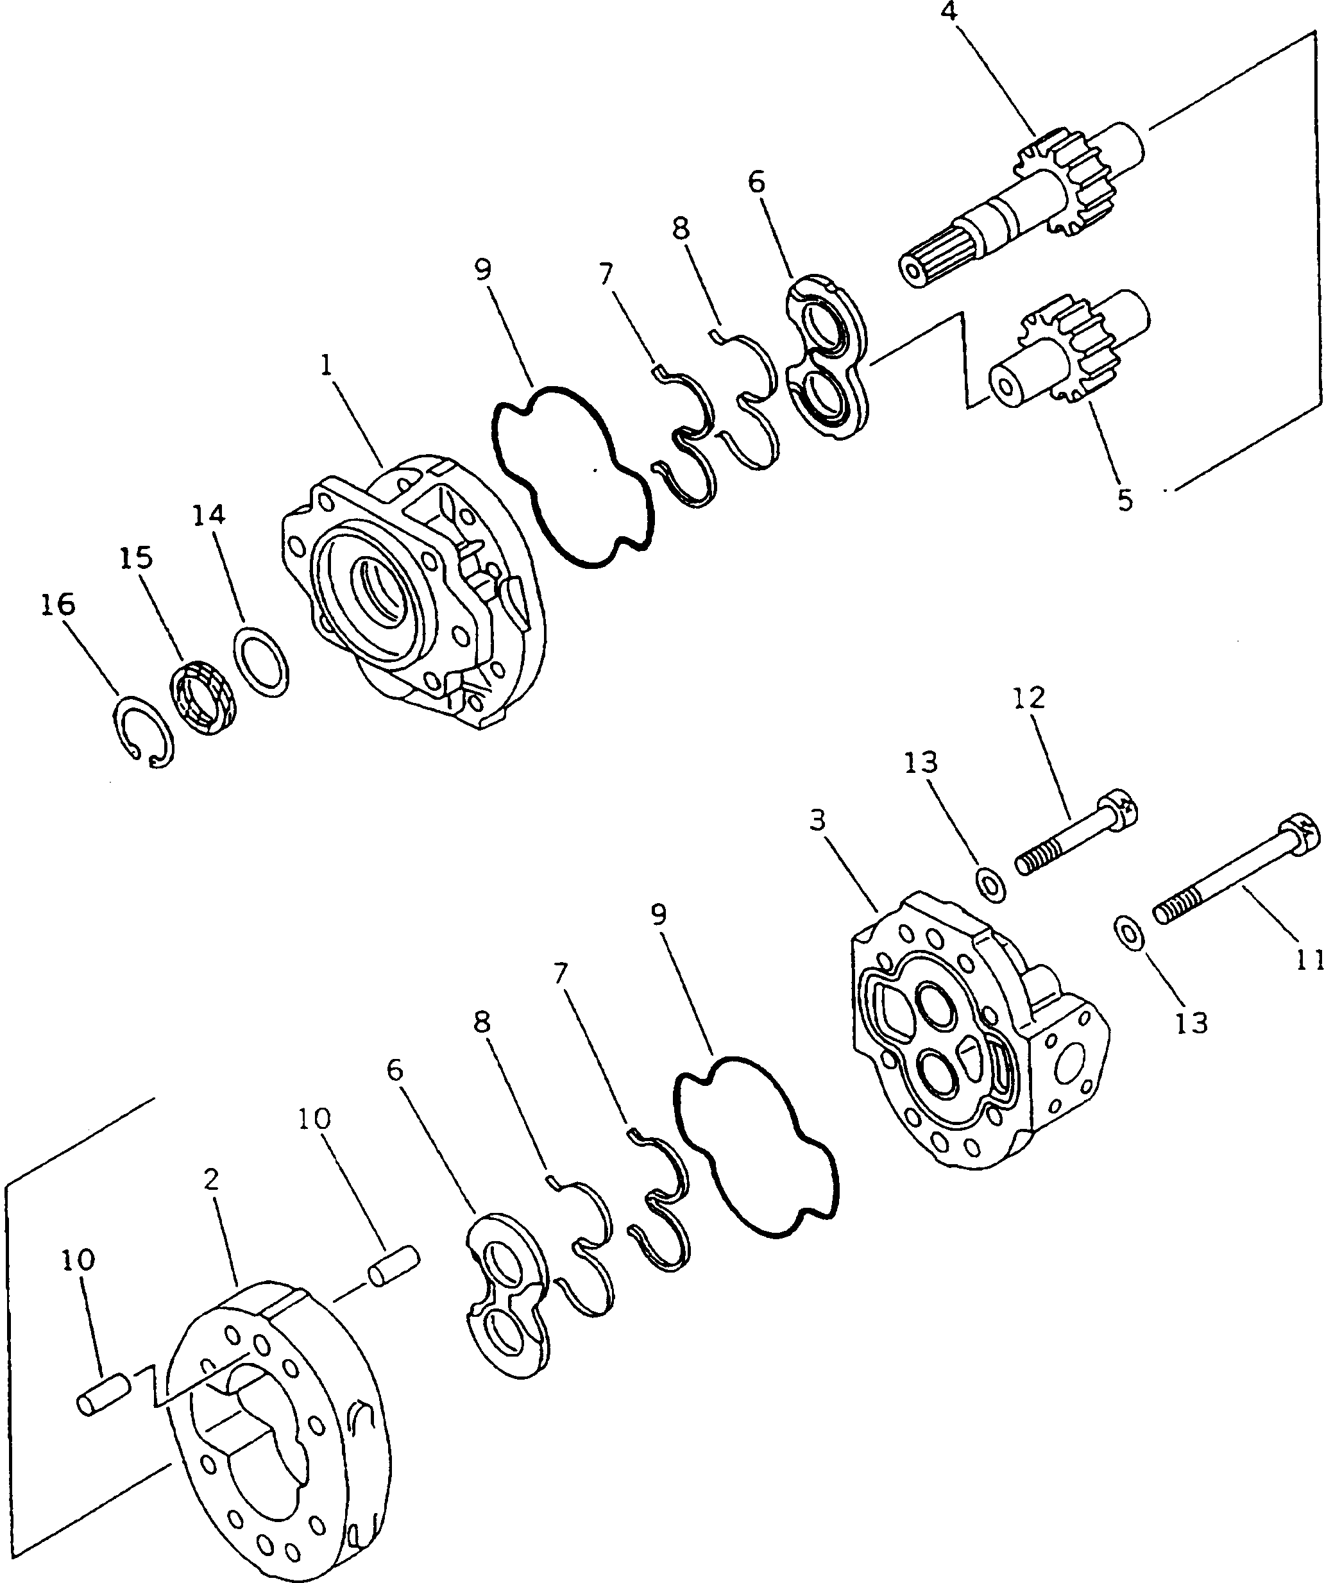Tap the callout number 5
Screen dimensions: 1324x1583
1125,499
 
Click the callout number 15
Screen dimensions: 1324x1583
136,558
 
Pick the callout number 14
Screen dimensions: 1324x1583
208,515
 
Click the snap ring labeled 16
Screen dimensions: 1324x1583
143,731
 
